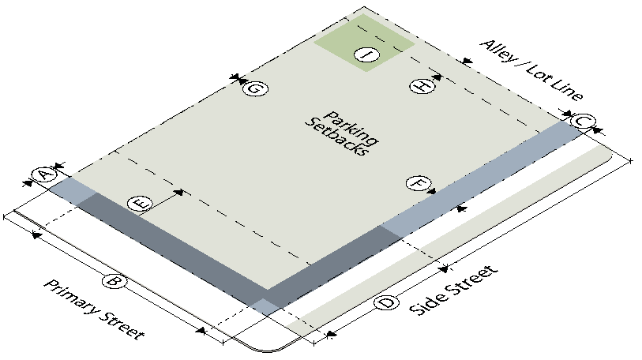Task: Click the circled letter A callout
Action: (x=43, y=175)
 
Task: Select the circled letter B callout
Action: (x=114, y=281)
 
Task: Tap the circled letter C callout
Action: (x=583, y=122)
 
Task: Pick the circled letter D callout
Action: (x=386, y=303)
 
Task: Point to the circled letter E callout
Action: (x=140, y=204)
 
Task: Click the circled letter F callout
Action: (x=419, y=183)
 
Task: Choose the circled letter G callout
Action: (x=255, y=88)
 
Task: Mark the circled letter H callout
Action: (x=422, y=85)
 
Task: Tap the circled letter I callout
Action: (x=366, y=54)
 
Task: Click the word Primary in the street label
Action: (x=73, y=297)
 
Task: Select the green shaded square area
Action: (x=365, y=43)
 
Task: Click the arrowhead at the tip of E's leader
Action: (x=179, y=192)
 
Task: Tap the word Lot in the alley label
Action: (x=537, y=73)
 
